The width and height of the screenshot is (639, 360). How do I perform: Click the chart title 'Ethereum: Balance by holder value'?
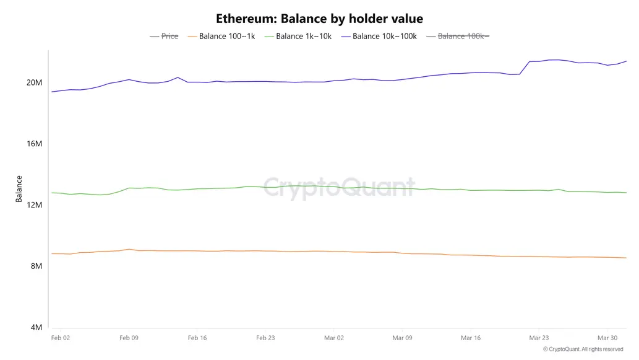coord(319,19)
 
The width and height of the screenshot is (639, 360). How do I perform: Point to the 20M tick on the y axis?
coord(34,83)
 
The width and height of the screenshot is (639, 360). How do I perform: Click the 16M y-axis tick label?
coord(34,144)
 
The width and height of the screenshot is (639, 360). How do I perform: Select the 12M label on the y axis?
coord(34,205)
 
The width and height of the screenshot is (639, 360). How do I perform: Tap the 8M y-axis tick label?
coord(36,266)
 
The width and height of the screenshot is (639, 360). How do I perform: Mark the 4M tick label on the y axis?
coord(36,327)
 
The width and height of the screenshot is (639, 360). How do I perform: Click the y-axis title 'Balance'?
coord(19,189)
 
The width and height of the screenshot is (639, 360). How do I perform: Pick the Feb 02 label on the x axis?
coord(60,338)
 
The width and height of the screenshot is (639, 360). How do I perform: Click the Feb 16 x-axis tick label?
coord(197,338)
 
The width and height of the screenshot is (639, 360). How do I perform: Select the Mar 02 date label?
coord(333,338)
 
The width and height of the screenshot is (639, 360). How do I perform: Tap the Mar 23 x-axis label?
coord(539,338)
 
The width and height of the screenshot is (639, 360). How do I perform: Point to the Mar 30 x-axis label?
coord(607,338)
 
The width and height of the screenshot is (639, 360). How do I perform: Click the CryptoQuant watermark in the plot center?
coord(339,187)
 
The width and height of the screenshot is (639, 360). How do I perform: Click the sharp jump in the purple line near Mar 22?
coord(525,68)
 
